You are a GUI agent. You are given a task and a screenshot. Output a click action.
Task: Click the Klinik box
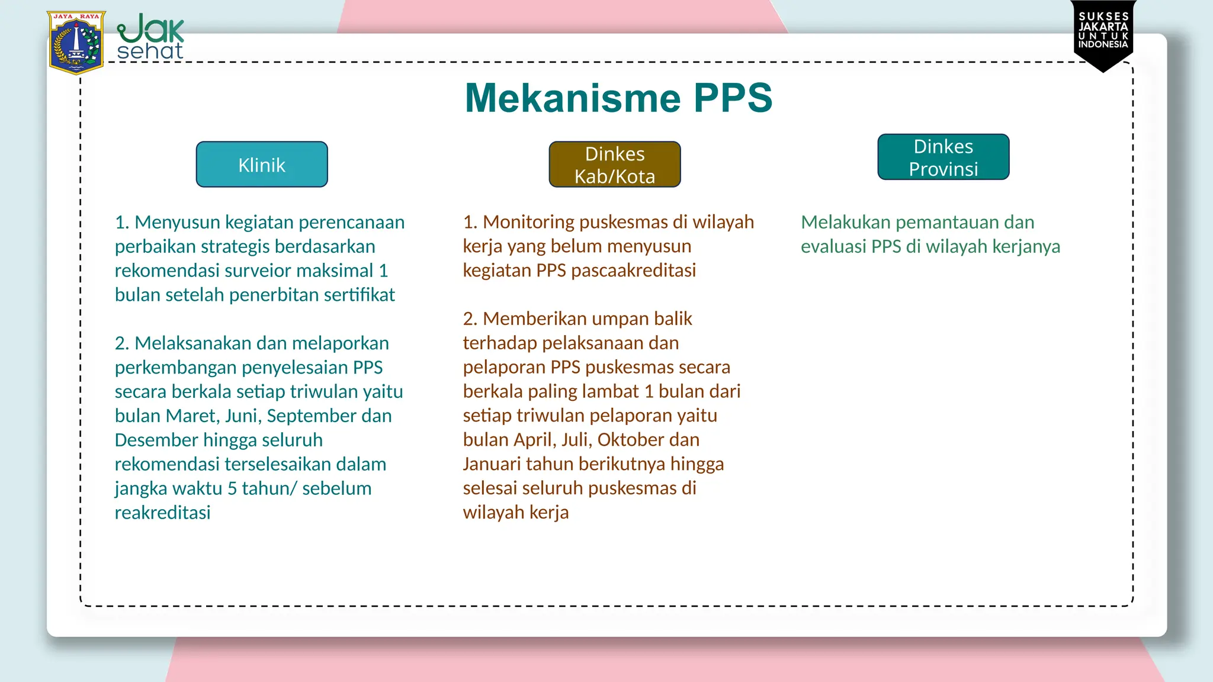pyautogui.click(x=262, y=165)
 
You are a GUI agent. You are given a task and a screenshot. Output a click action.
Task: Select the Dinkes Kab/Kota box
pyautogui.click(x=615, y=165)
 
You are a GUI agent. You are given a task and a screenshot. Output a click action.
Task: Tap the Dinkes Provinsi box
pyautogui.click(x=944, y=157)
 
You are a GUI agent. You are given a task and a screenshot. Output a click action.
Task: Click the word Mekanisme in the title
pyautogui.click(x=572, y=98)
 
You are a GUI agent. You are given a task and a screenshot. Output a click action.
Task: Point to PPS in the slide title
pyautogui.click(x=733, y=98)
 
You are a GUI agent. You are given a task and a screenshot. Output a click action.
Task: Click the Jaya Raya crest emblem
pyautogui.click(x=76, y=42)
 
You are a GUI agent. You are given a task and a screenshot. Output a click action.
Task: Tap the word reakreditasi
pyautogui.click(x=162, y=513)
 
